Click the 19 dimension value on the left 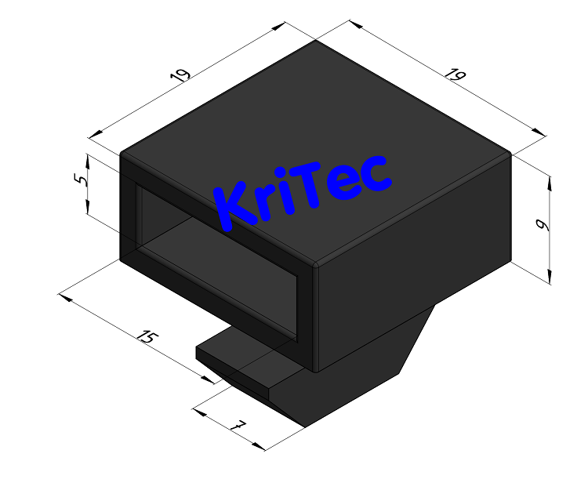(x=181, y=76)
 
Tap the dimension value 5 (x=78, y=180)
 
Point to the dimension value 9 (x=540, y=226)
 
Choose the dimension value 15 (x=147, y=338)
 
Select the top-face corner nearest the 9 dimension (x=511, y=154)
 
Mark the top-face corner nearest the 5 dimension (x=121, y=153)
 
